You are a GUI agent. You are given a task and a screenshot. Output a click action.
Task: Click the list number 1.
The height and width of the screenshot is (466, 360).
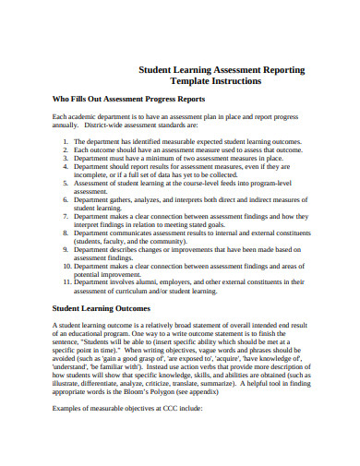pyautogui.click(x=66, y=141)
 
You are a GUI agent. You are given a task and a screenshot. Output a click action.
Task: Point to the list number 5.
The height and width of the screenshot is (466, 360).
pyautogui.click(x=66, y=184)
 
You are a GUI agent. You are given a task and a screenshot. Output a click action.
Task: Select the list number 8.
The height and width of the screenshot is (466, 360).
pyautogui.click(x=66, y=235)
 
